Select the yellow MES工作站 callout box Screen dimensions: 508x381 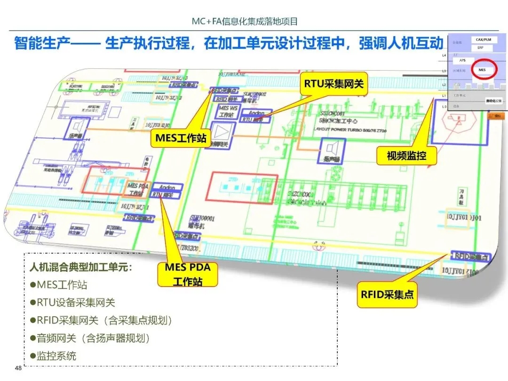[181, 139]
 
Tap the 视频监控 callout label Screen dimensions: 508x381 [407, 155]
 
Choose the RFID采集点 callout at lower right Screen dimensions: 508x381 [387, 294]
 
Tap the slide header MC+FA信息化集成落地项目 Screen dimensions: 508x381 [245, 21]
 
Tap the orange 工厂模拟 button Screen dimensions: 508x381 [495, 115]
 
